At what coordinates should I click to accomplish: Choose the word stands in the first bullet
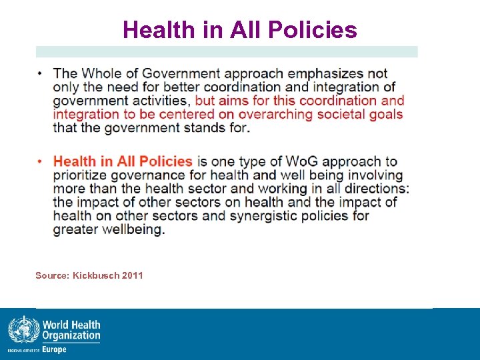pyautogui.click(x=205, y=127)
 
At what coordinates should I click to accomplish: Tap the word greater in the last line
pyautogui.click(x=75, y=229)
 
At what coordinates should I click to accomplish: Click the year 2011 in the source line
pyautogui.click(x=133, y=275)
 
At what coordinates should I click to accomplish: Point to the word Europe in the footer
pyautogui.click(x=54, y=350)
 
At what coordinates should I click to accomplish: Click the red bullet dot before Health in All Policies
pyautogui.click(x=39, y=161)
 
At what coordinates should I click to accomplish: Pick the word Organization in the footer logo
pyautogui.click(x=71, y=336)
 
